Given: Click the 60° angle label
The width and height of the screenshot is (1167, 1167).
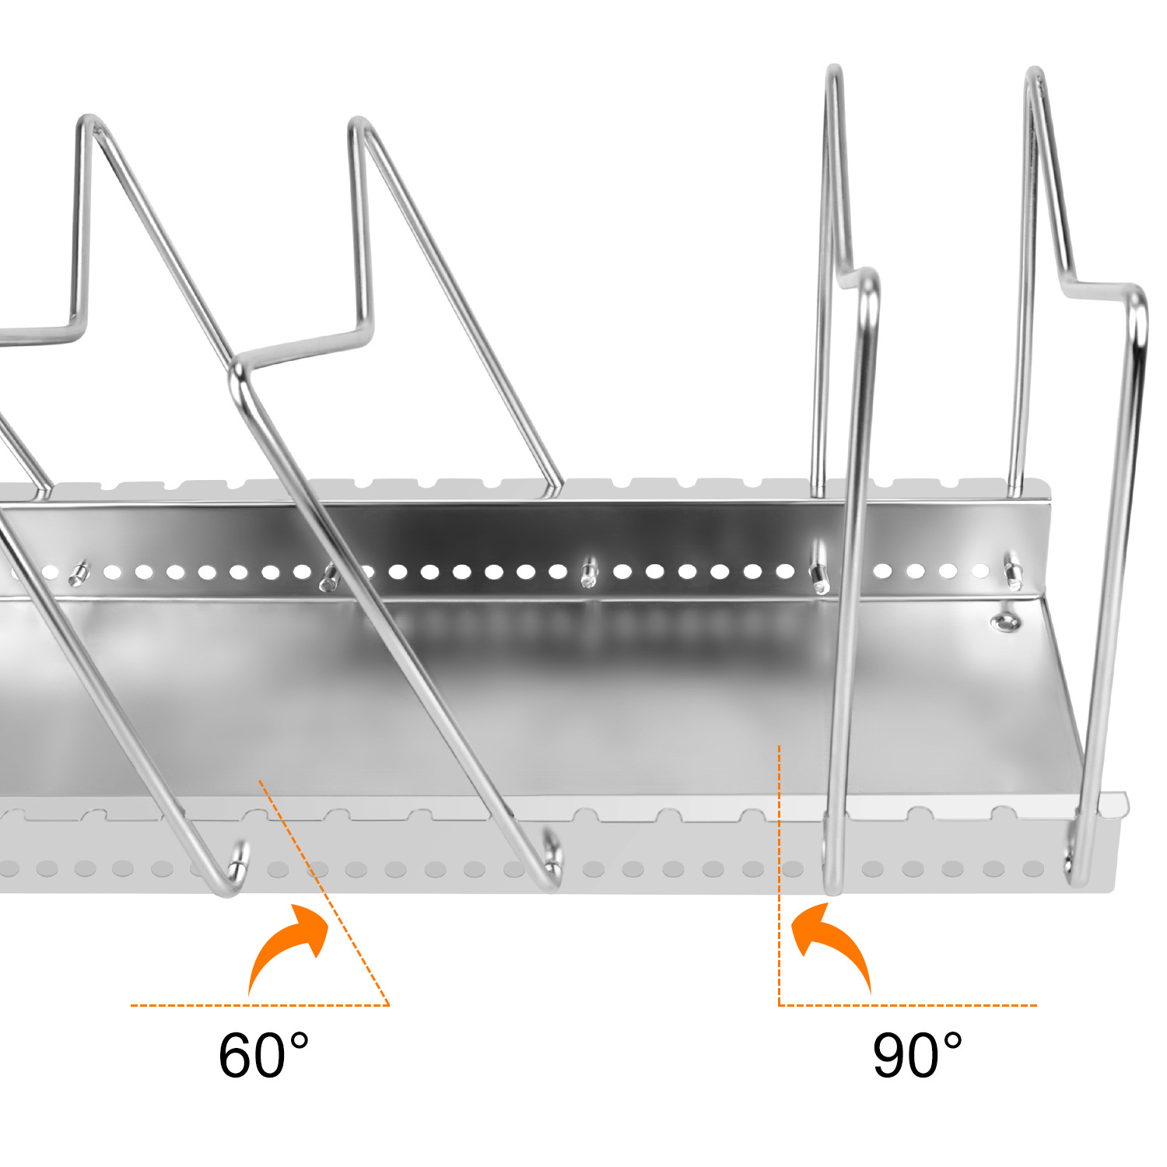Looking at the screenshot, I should pyautogui.click(x=263, y=1056).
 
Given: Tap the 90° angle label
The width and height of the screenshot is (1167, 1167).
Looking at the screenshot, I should pyautogui.click(x=916, y=1056).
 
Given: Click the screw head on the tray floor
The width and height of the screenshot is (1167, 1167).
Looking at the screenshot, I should pyautogui.click(x=1004, y=621).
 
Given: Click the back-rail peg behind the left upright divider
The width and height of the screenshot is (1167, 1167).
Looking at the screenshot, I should pyautogui.click(x=818, y=574).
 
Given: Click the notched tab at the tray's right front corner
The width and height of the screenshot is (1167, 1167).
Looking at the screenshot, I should pyautogui.click(x=1118, y=804).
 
